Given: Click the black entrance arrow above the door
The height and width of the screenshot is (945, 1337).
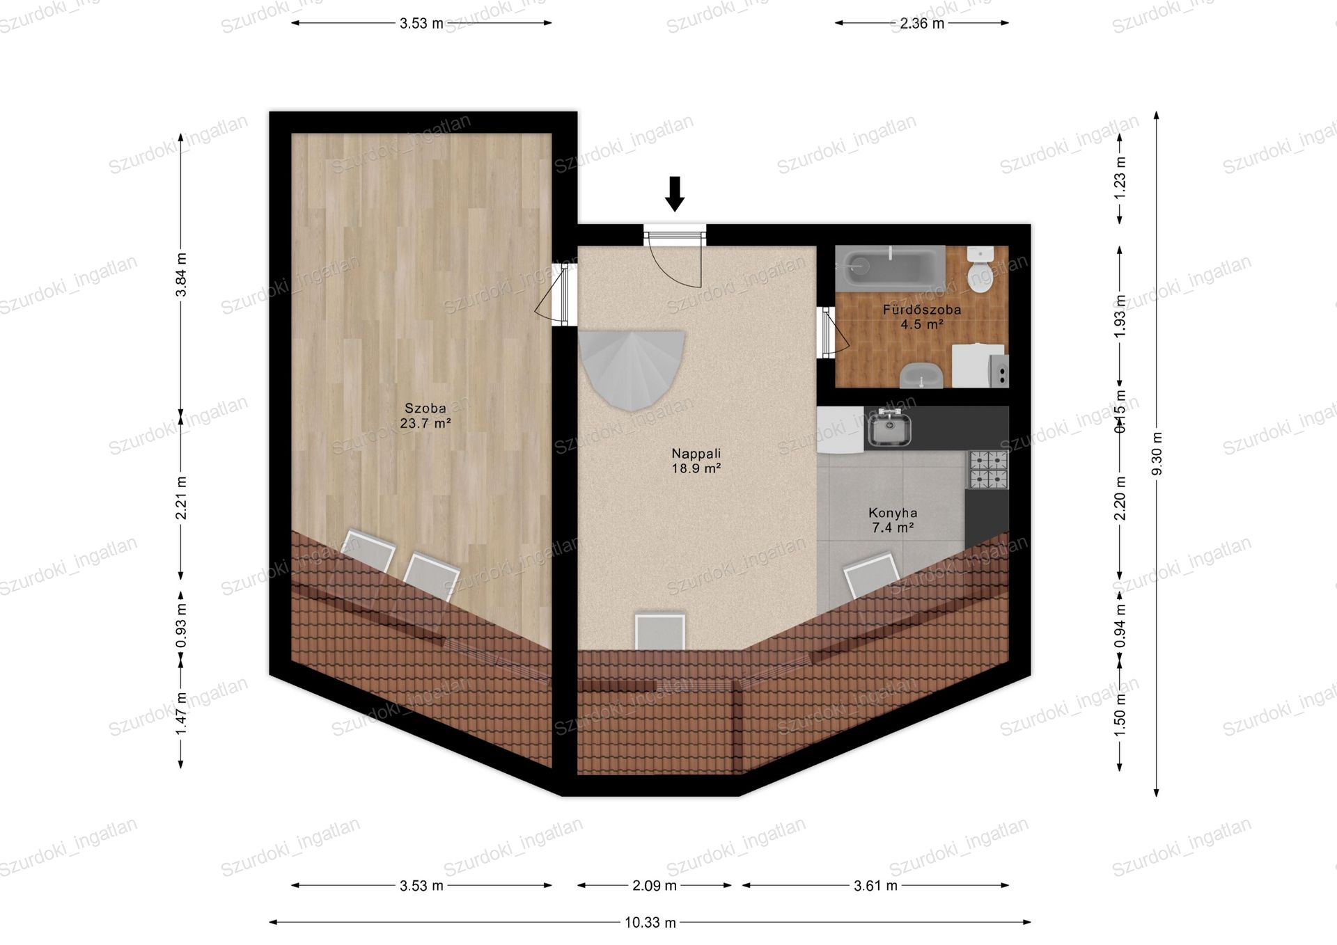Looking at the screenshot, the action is pyautogui.click(x=674, y=193).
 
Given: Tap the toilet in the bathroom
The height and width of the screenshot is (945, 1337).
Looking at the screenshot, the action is pyautogui.click(x=980, y=270).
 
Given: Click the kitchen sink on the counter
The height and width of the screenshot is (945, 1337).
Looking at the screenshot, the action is pyautogui.click(x=888, y=428).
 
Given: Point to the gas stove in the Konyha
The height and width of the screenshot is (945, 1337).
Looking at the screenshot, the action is pyautogui.click(x=988, y=470).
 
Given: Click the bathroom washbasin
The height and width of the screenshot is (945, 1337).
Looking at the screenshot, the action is pyautogui.click(x=921, y=376).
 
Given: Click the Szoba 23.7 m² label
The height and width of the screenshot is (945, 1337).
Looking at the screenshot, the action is pyautogui.click(x=425, y=415).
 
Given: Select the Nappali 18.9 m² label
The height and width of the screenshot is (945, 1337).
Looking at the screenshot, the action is pyautogui.click(x=696, y=461).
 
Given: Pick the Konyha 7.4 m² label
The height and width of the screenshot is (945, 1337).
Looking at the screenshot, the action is pyautogui.click(x=893, y=520).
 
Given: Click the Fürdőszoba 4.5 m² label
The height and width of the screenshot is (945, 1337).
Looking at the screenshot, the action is pyautogui.click(x=922, y=317).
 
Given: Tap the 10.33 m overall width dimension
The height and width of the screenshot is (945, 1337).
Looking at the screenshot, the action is pyautogui.click(x=650, y=922).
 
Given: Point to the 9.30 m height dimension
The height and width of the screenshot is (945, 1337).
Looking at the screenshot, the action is pyautogui.click(x=1157, y=454).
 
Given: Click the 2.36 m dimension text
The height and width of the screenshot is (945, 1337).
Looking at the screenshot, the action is pyautogui.click(x=922, y=23).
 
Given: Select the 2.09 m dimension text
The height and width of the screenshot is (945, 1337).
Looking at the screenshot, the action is pyautogui.click(x=655, y=885).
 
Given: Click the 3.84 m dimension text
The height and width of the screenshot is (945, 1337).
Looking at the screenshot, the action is pyautogui.click(x=181, y=274).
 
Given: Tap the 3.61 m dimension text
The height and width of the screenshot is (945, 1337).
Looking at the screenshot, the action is pyautogui.click(x=875, y=885).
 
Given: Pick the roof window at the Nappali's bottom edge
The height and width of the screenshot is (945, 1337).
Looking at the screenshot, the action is pyautogui.click(x=659, y=631).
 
